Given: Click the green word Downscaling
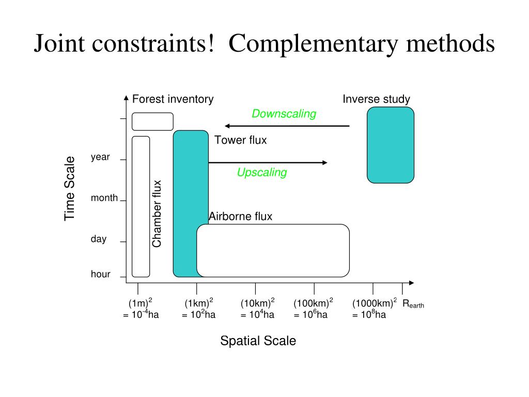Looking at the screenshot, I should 284,114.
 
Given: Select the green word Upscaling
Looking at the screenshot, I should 262,173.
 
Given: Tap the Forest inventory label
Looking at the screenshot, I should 173,99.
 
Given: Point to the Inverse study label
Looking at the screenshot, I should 376,99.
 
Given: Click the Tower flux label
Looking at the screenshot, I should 241,140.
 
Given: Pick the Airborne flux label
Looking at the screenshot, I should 240,217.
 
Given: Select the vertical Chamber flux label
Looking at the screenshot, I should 157,213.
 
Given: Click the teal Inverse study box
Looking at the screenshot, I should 391,145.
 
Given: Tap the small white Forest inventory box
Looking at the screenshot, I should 152,121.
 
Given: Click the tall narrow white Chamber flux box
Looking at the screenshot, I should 141,206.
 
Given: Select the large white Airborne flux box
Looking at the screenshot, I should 273,250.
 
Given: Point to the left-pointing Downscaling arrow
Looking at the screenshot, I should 287,126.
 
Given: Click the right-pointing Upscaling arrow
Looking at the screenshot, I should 268,163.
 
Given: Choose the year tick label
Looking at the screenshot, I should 100,157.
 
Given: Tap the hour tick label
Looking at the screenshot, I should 100,274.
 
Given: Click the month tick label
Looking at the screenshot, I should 104,198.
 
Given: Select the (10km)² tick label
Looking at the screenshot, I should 257,303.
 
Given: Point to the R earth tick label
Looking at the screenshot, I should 413,304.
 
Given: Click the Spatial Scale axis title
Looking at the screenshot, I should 258,341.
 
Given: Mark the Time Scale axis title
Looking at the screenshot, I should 70,189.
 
